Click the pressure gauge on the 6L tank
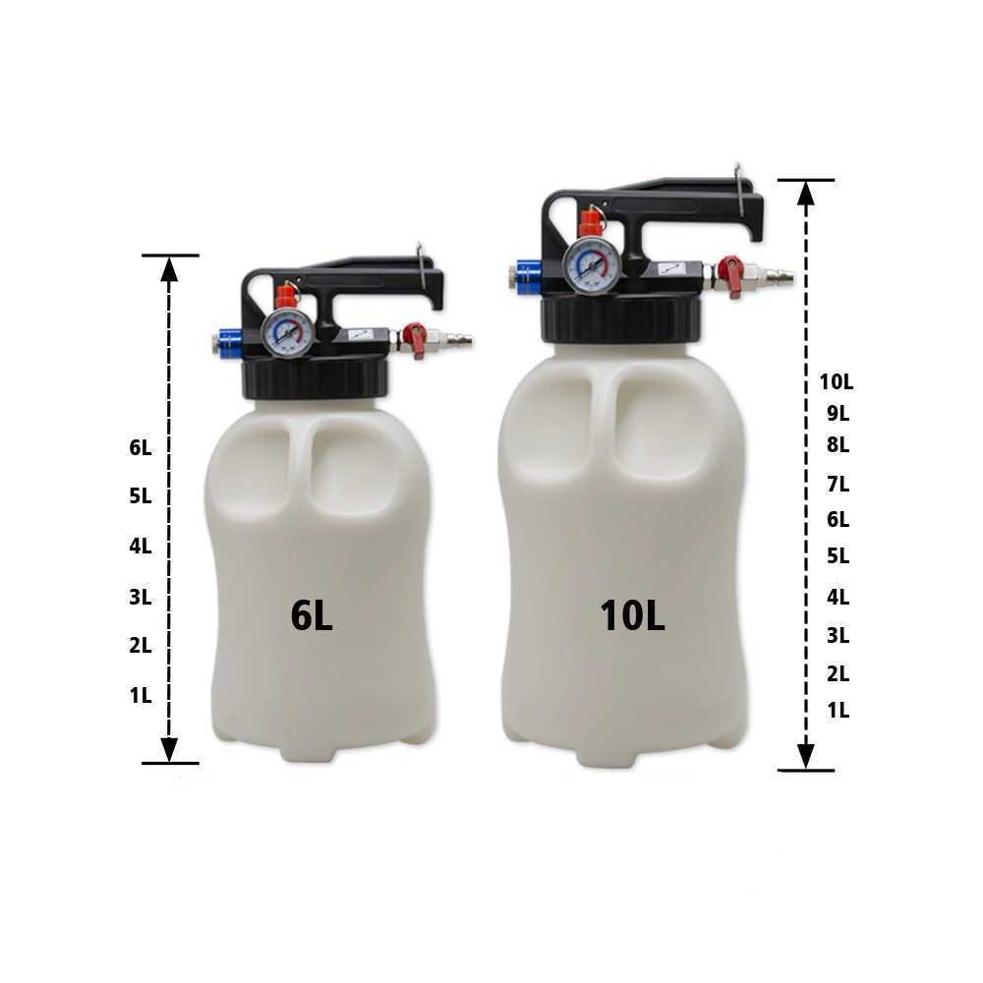pos(288,332)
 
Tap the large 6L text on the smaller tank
pos(312,615)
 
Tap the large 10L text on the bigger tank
pos(632,615)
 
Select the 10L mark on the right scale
pos(837,381)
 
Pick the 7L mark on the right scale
pos(838,484)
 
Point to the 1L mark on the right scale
pos(838,711)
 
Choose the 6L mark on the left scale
pos(141,447)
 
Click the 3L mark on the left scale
pos(141,597)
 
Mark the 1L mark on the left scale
pos(141,695)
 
